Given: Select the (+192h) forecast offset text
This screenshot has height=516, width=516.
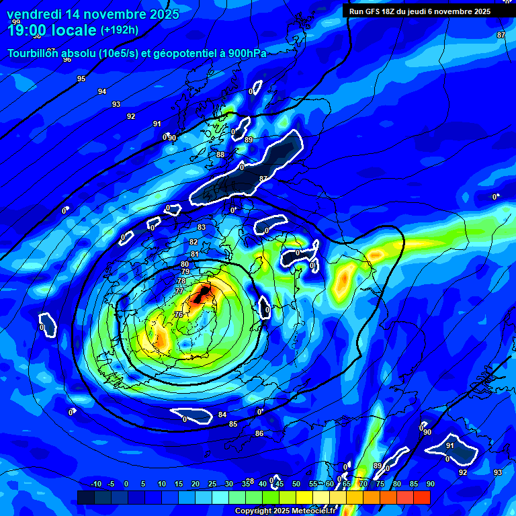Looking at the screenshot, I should (x=120, y=30).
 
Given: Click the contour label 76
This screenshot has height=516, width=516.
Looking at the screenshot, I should (x=179, y=314).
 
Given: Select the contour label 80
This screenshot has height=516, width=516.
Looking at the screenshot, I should (x=185, y=264).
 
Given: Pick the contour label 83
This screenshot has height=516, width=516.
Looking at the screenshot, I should (x=202, y=228).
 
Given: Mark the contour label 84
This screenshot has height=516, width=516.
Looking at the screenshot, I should (x=222, y=415).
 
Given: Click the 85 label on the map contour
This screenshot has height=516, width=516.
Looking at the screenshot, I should (x=233, y=424).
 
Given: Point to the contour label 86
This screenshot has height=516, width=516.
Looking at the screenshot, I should (x=259, y=433).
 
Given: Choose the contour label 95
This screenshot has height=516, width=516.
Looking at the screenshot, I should (x=81, y=79).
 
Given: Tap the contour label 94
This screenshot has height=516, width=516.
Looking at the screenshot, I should (x=102, y=91).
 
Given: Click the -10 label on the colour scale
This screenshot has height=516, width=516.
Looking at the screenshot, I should (x=95, y=484).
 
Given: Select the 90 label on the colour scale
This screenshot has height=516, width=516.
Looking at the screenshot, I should (x=430, y=484).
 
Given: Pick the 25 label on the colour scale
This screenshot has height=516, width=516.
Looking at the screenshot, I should (x=212, y=484).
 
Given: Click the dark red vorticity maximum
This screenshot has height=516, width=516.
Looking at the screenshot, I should (x=202, y=294).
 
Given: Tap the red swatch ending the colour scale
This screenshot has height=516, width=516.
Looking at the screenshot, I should (x=422, y=497).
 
